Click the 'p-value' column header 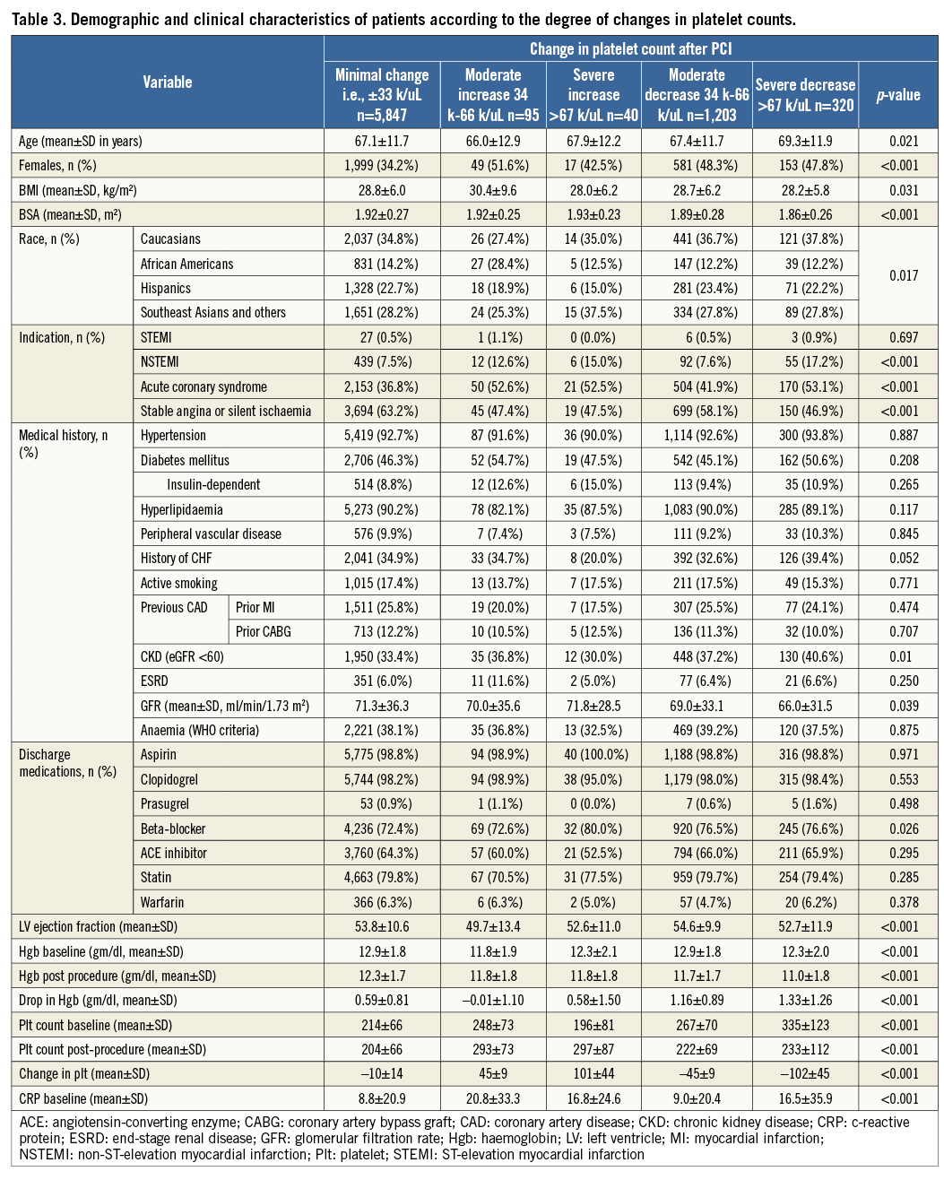[898, 94]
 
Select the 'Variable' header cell [168, 82]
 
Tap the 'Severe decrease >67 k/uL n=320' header [805, 94]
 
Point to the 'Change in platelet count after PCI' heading [630, 48]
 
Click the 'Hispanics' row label [166, 288]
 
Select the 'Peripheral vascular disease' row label [211, 534]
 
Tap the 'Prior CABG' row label [264, 631]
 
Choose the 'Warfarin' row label [162, 902]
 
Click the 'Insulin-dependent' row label [213, 484]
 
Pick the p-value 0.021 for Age [898, 141]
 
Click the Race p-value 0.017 [898, 275]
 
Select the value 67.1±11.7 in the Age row [382, 141]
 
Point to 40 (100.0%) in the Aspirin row [593, 755]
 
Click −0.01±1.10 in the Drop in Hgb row [493, 1000]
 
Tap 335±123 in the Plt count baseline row [805, 1025]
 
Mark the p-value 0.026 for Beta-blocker [898, 829]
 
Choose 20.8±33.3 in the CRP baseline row [493, 1098]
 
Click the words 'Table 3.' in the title [38, 19]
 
